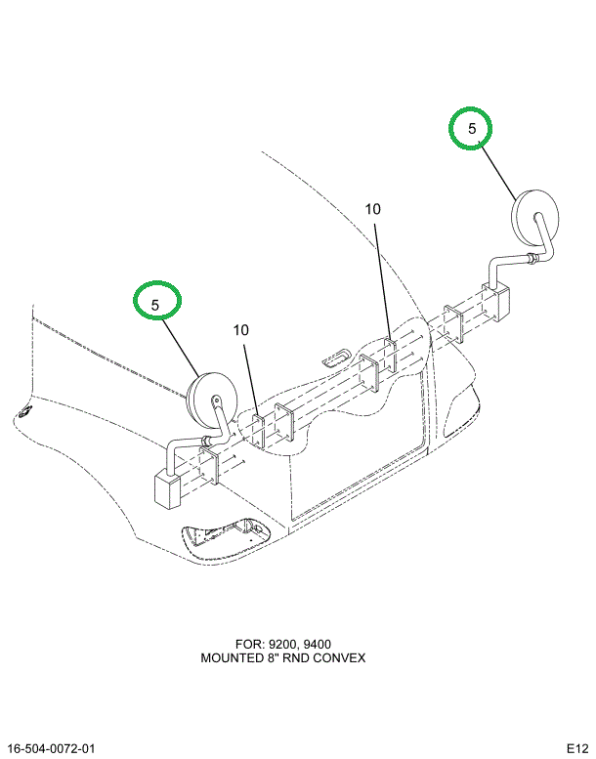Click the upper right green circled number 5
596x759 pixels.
472,128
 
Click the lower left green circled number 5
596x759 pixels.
155,305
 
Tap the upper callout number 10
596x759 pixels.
373,209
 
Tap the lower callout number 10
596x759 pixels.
240,330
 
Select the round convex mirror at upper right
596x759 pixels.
535,218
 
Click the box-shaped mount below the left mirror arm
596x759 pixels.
167,490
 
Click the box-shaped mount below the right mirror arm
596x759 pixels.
496,302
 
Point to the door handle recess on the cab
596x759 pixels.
335,358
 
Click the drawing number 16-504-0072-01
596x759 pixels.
52,749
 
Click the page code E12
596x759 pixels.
577,749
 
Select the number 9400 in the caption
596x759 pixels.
318,645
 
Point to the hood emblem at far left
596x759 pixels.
23,411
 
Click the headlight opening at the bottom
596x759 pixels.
227,539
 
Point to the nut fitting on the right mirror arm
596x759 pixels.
531,259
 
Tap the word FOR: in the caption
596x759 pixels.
250,645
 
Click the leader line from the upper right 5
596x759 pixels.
498,171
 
